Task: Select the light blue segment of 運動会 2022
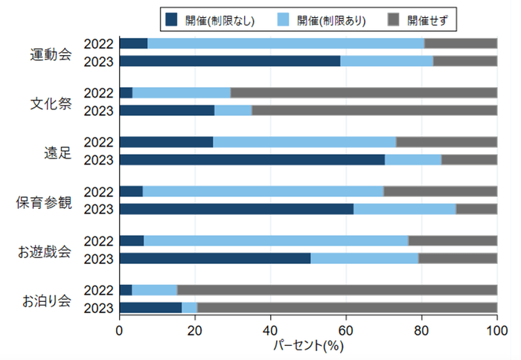[286, 43]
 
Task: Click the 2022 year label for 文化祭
[98, 93]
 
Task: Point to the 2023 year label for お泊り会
[98, 307]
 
